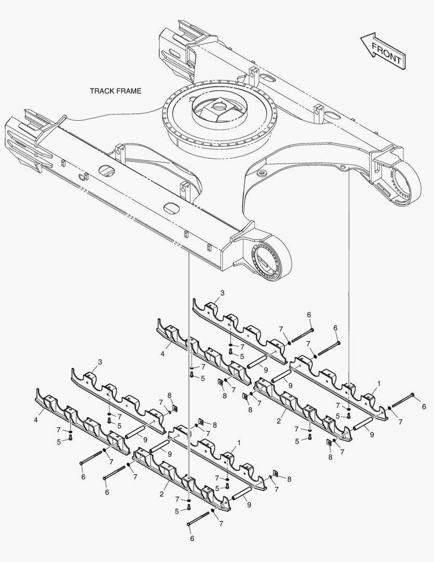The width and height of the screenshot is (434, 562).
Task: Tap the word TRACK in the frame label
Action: (x=102, y=91)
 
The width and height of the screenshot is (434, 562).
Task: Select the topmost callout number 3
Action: (x=222, y=293)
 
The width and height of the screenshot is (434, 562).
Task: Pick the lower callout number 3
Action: (x=100, y=362)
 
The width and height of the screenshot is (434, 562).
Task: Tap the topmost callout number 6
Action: (x=309, y=315)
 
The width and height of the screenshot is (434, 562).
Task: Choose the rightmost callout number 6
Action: (x=424, y=406)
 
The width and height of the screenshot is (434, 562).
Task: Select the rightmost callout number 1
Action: (x=379, y=383)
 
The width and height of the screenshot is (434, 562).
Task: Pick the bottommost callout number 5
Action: (x=177, y=512)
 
